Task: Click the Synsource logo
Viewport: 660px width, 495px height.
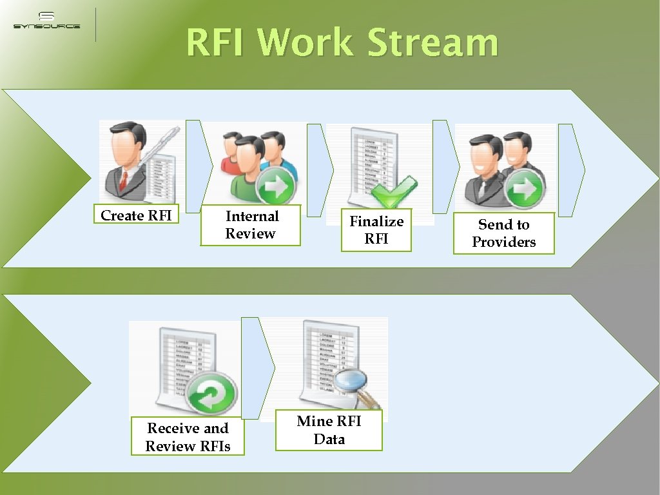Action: point(46,21)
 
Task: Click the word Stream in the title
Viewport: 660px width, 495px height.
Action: point(432,43)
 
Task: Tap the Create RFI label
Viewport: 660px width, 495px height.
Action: point(136,215)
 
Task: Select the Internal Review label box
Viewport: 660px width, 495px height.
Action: point(251,225)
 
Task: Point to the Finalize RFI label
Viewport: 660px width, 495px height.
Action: point(376,230)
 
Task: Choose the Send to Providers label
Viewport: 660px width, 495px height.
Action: point(504,233)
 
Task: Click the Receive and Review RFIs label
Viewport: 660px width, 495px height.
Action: point(188,437)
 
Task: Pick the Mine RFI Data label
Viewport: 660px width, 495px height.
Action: point(329,430)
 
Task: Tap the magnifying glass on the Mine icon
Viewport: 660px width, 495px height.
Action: point(353,385)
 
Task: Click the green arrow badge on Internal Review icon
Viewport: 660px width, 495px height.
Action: point(276,186)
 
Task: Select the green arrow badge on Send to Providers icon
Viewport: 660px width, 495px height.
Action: point(524,191)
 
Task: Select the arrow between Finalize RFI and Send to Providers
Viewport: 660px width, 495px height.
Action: point(445,166)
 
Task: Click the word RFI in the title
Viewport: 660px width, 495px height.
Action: point(217,43)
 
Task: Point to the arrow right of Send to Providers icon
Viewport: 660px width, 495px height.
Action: point(571,170)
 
